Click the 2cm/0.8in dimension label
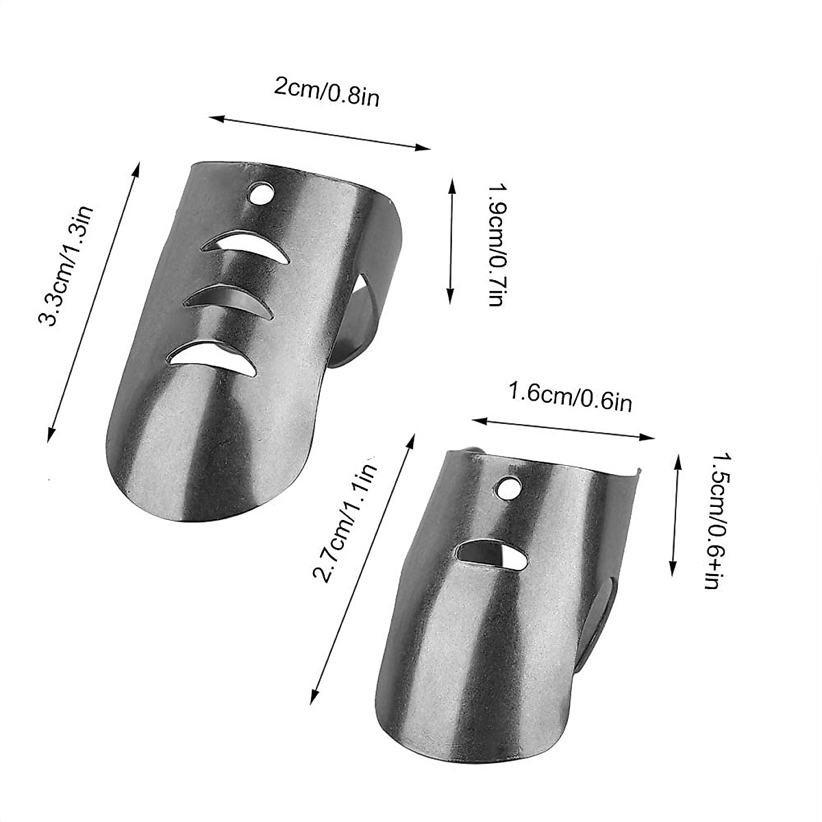click(326, 92)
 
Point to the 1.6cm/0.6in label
click(569, 397)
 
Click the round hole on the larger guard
click(260, 195)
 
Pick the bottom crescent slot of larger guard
click(212, 356)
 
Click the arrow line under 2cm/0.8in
click(320, 133)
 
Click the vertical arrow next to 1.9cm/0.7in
click(451, 240)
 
